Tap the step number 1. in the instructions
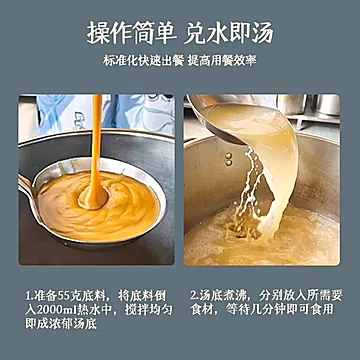pos(31,297)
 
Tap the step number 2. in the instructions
pos(195,297)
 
